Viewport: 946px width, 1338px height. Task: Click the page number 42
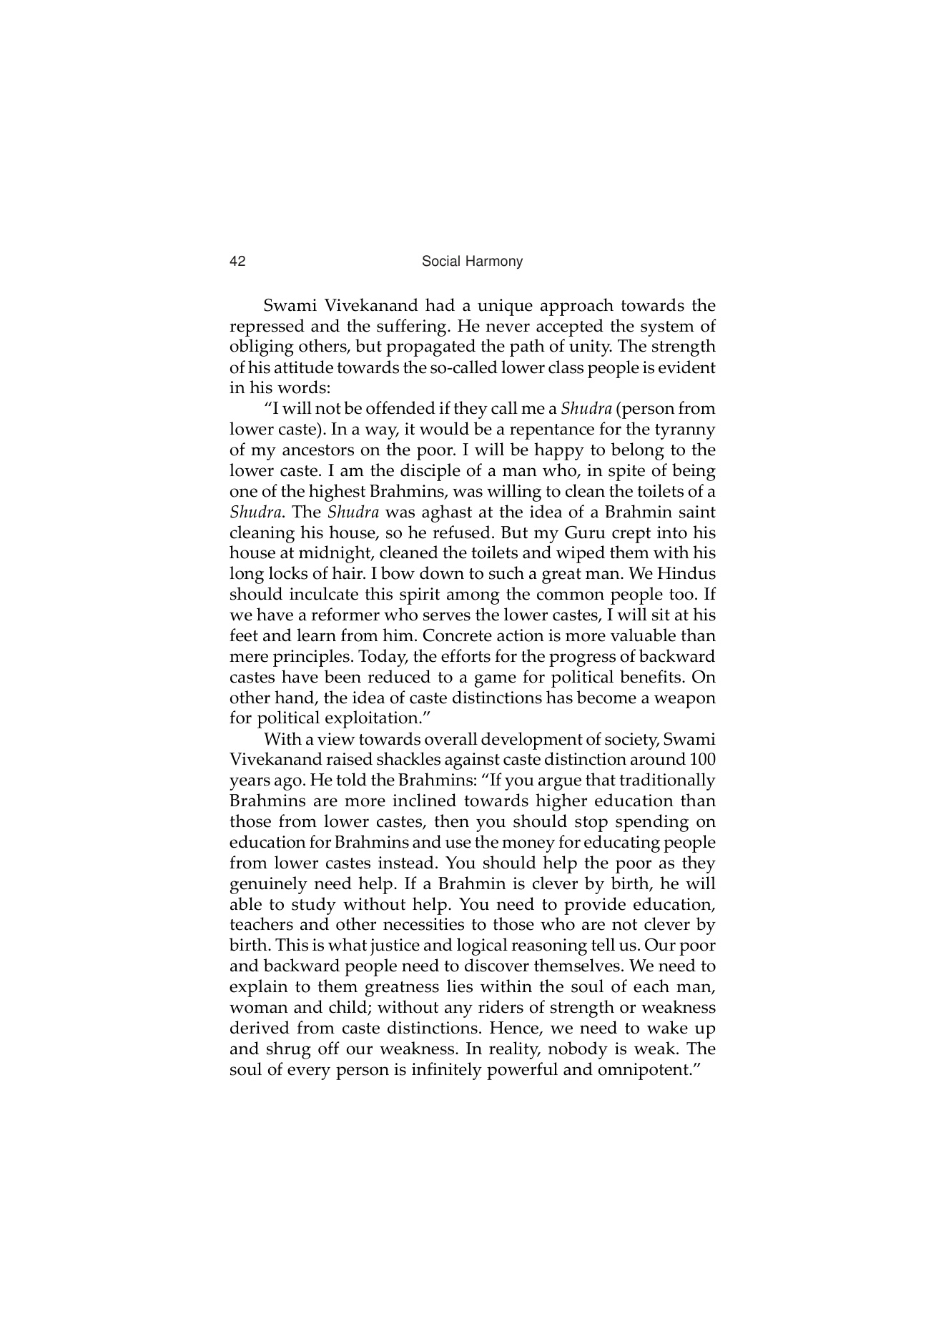point(237,262)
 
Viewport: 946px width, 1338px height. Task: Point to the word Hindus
point(686,574)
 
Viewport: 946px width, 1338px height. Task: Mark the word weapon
point(687,698)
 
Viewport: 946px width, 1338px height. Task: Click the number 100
point(702,760)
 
